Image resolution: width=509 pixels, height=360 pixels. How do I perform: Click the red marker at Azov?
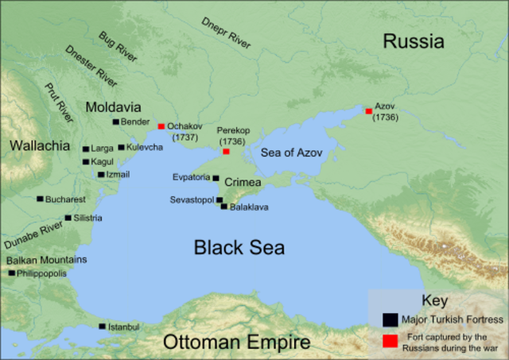(368, 111)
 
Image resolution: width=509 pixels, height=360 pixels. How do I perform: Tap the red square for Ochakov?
(161, 126)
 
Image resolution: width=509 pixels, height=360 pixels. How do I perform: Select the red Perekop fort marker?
(226, 151)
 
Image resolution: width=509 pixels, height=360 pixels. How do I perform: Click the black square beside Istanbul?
(102, 327)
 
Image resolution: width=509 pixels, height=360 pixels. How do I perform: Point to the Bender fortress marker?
(115, 122)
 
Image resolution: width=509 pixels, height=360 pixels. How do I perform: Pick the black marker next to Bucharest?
(40, 199)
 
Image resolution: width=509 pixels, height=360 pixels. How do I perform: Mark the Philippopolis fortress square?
(12, 273)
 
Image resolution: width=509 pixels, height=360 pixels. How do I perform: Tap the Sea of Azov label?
(291, 153)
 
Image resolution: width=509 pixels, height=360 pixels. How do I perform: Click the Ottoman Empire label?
(237, 343)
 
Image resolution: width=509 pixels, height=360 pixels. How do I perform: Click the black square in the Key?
(390, 319)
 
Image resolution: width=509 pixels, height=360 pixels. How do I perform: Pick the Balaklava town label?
(249, 207)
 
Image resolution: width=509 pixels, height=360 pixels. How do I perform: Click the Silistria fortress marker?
(68, 218)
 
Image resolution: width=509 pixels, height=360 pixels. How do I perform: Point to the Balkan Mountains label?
(47, 260)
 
